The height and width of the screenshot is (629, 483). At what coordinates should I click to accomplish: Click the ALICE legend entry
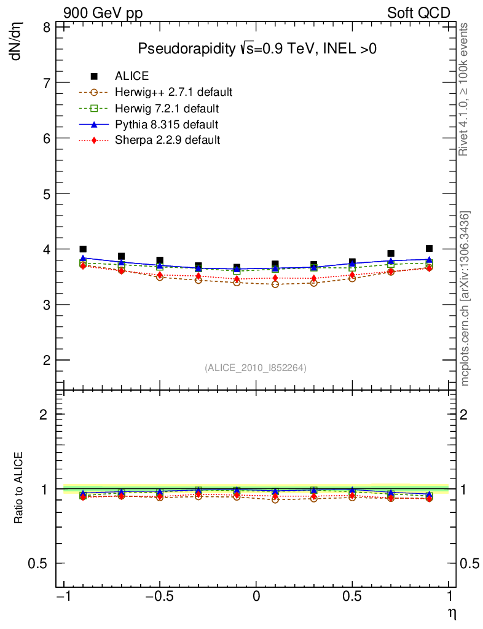(132, 76)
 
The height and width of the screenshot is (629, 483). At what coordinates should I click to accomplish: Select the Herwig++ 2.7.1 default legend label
(173, 93)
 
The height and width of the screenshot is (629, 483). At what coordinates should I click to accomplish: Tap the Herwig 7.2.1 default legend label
(167, 109)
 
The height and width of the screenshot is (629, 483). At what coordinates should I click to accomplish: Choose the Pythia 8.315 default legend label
(167, 125)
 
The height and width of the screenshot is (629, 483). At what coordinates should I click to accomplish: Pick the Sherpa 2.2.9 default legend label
(167, 140)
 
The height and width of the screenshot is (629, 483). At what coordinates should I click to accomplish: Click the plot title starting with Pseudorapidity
(257, 49)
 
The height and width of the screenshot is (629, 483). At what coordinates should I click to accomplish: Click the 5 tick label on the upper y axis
(47, 193)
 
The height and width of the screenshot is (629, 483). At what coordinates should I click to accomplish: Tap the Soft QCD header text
(418, 13)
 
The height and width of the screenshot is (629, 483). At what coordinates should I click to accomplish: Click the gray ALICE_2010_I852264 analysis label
(256, 367)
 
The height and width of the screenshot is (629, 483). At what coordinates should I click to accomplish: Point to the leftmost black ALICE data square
(83, 249)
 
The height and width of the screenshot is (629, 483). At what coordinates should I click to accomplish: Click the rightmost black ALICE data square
(429, 249)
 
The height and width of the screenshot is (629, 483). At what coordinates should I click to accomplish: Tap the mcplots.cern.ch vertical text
(466, 299)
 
